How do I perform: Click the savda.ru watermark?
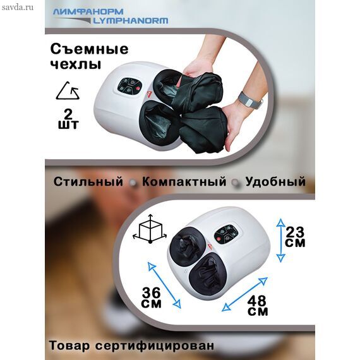tap(18, 8)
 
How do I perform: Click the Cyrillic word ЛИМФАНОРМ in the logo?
tap(88, 12)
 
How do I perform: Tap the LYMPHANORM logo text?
tap(130, 21)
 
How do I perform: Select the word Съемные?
tap(89, 49)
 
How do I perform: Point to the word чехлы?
tap(76, 64)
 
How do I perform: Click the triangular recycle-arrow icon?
tap(68, 91)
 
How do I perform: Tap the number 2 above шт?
tap(68, 114)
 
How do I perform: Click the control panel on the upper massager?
tap(129, 87)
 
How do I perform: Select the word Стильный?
tap(88, 182)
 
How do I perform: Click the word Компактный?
tap(184, 182)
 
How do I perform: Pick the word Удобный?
tap(275, 181)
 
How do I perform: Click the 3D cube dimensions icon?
tap(150, 229)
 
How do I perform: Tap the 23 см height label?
tap(295, 237)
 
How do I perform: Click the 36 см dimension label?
tap(152, 297)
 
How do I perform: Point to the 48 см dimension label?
tap(258, 306)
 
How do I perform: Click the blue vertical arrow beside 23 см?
tap(280, 241)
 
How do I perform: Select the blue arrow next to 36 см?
tap(164, 285)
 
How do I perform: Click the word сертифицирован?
tap(155, 345)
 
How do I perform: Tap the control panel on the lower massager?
tap(226, 235)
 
